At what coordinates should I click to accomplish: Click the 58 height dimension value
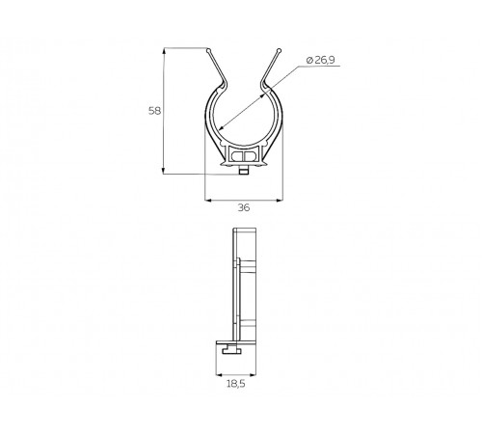(154, 111)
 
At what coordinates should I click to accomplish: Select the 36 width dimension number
(244, 207)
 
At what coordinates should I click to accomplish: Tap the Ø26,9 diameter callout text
(321, 60)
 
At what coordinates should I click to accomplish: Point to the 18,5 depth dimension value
(236, 384)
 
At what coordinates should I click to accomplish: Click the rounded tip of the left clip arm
(208, 50)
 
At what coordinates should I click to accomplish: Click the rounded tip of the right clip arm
(279, 50)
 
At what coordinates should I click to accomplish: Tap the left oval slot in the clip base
(238, 156)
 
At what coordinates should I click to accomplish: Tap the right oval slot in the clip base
(251, 156)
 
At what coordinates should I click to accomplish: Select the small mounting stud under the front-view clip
(244, 171)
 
